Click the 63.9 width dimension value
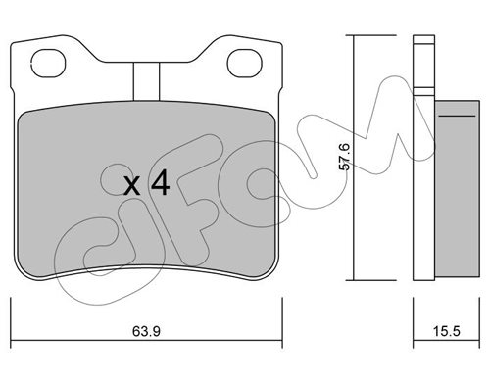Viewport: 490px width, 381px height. tap(146, 332)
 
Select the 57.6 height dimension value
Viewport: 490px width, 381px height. tap(345, 157)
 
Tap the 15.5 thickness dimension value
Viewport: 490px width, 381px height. tap(447, 332)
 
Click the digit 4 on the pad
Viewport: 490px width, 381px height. tap(160, 183)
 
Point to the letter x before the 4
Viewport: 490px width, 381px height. tap(132, 187)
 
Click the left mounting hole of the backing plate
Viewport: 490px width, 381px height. tap(48, 64)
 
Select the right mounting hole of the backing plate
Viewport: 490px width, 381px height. tap(245, 64)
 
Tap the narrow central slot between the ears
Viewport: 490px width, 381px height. tap(146, 81)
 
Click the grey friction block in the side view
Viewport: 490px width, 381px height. tap(457, 190)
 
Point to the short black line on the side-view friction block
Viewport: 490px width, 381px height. tap(457, 116)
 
